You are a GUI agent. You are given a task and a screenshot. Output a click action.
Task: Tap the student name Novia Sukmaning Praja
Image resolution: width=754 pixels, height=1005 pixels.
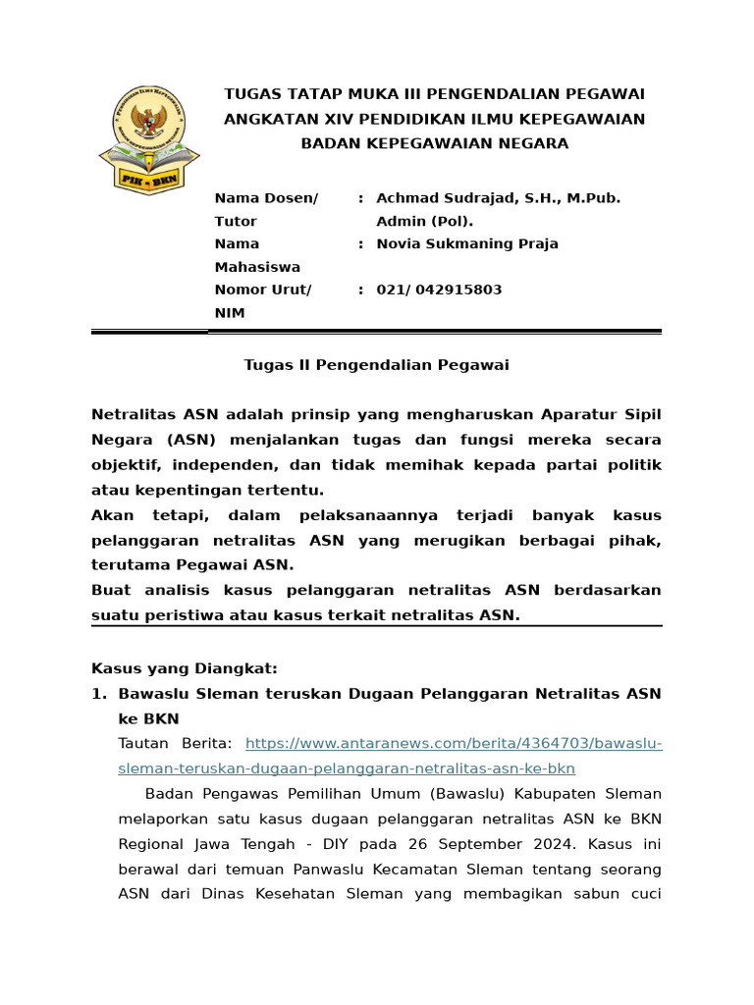(467, 243)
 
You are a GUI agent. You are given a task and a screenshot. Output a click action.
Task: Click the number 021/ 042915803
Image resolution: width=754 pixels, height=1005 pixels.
(439, 290)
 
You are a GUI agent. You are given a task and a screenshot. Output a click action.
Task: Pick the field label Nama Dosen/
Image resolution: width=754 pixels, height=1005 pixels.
(266, 198)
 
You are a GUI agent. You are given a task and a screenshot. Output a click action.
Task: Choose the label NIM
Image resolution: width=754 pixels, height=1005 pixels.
(229, 313)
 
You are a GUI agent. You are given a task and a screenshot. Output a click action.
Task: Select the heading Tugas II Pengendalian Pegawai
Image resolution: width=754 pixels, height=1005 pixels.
(376, 365)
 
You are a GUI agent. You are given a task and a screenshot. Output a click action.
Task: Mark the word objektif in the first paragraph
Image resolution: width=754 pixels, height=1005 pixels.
(127, 464)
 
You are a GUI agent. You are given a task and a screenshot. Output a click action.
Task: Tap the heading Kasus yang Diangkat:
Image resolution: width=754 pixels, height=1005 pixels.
(185, 668)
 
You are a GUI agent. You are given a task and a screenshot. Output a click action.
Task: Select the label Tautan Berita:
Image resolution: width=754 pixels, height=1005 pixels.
(175, 744)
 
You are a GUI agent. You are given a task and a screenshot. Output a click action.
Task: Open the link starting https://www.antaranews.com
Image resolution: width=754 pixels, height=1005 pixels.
(453, 744)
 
